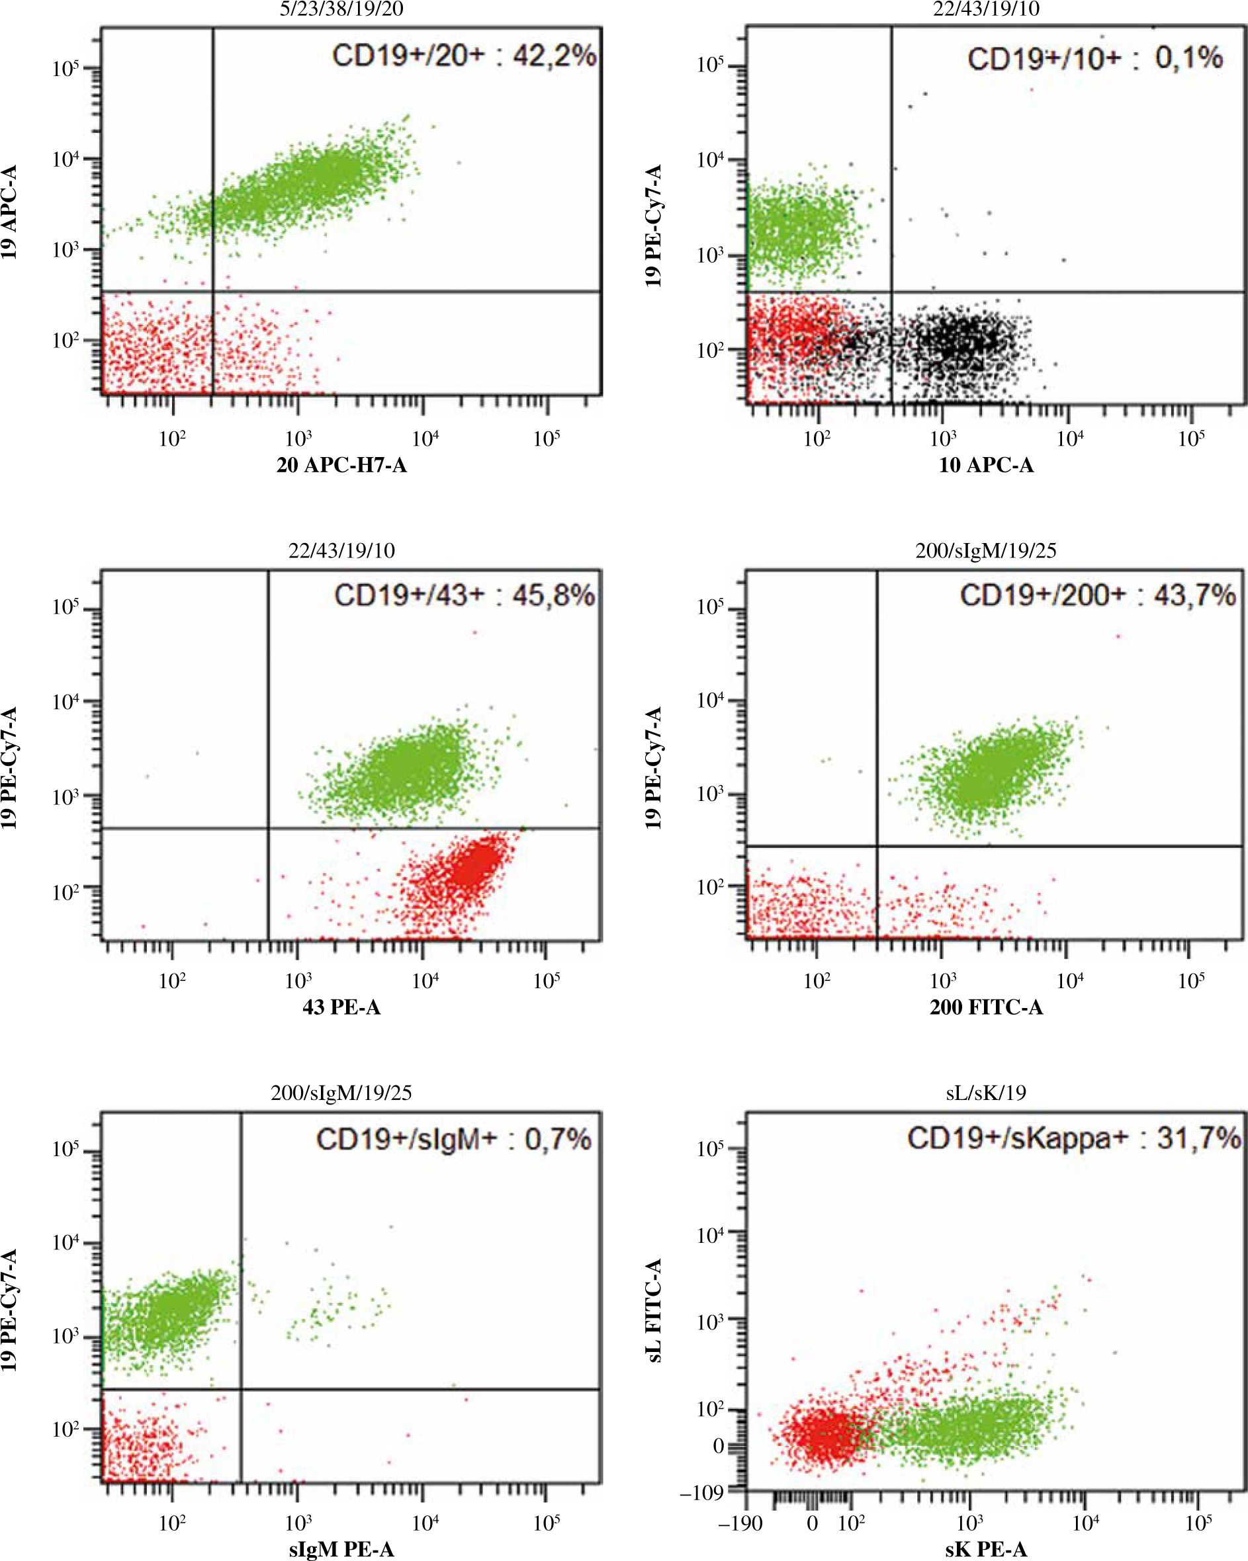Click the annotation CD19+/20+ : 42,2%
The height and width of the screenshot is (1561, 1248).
point(464,56)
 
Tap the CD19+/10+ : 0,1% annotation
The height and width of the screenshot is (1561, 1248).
point(1094,59)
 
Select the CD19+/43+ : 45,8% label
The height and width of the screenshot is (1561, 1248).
point(465,595)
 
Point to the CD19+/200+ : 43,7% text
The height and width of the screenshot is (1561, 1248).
point(1097,595)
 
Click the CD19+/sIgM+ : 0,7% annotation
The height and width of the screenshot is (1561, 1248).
point(453,1139)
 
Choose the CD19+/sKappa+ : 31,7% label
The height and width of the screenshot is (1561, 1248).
point(1074,1138)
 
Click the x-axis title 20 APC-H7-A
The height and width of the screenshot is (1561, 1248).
point(341,465)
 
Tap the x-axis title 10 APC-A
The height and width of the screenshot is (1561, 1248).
point(986,465)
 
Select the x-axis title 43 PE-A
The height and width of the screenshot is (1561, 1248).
point(341,1007)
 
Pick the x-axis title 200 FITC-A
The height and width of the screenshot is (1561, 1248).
point(986,1007)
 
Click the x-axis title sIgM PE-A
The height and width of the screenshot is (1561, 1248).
point(341,1549)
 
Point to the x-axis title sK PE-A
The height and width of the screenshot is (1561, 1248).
point(986,1549)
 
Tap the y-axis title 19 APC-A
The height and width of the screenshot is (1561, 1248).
point(9,212)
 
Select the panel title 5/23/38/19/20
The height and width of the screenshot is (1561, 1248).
point(341,9)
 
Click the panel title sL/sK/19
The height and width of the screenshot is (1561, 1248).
point(986,1093)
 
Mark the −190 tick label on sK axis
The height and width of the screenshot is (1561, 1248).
point(740,1523)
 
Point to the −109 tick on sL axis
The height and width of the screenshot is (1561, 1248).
point(702,1492)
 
